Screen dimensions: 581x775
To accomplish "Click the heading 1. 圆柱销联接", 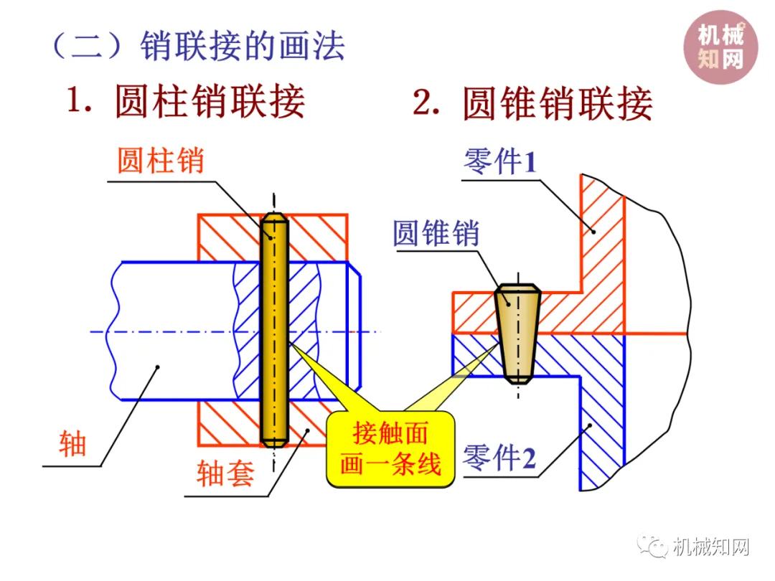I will coord(186,102).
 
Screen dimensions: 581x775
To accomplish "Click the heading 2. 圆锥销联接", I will coord(532,103).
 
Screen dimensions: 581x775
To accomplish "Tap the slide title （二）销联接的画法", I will coord(197,46).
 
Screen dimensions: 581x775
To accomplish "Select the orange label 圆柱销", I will coord(161,161).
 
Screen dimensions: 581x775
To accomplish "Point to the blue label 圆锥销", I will coord(436,233).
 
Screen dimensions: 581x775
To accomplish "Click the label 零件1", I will coord(500,162).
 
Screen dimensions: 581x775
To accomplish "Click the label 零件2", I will coord(500,458).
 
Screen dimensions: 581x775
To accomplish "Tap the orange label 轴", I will coord(72,443).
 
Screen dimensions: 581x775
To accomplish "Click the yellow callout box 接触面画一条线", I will coord(390,450).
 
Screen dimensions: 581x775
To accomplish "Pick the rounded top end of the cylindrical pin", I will coord(274,219).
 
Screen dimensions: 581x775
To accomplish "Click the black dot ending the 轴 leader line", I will coord(159,367).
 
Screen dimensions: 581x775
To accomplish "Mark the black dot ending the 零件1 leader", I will coord(593,230).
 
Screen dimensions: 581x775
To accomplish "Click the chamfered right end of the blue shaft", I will coord(356,330).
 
